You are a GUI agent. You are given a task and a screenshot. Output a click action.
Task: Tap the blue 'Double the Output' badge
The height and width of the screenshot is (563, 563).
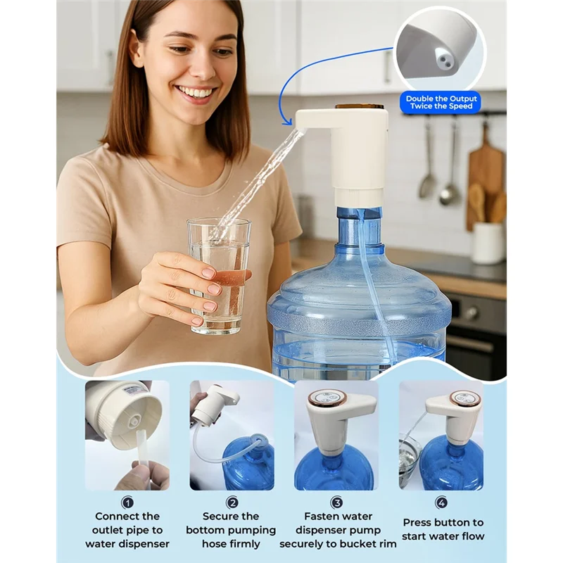[440, 103]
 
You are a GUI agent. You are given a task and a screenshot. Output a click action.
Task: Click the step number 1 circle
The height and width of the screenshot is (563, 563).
[127, 502]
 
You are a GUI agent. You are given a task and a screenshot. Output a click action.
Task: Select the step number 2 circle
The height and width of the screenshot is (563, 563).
[232, 502]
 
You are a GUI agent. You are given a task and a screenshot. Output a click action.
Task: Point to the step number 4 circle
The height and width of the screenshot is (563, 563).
[441, 502]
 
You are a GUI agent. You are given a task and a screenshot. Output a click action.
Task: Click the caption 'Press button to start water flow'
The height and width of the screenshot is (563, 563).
[443, 529]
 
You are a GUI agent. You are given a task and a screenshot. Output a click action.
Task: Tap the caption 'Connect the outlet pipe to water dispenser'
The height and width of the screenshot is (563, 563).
[127, 530]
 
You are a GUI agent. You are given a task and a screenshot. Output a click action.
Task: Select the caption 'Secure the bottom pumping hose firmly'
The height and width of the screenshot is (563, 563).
[232, 530]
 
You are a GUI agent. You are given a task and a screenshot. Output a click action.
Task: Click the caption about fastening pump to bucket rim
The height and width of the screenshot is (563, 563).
[337, 530]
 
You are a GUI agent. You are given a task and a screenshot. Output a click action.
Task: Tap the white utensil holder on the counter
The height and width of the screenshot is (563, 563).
[488, 243]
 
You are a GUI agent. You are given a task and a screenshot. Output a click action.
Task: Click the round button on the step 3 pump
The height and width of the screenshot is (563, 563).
[327, 398]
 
